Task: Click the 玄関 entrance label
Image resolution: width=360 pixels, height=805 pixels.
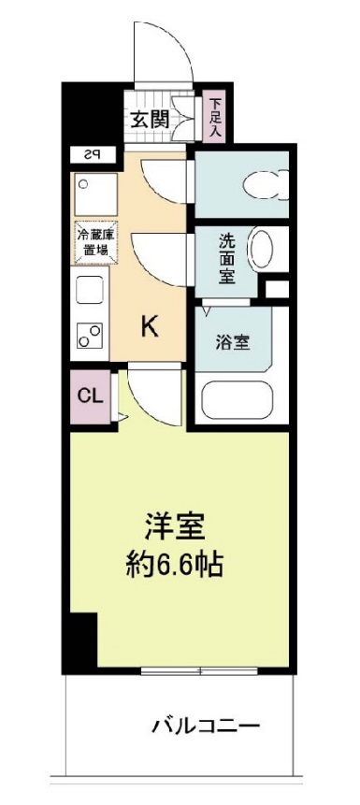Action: (x=149, y=119)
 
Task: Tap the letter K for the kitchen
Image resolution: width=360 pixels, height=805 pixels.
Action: (x=149, y=326)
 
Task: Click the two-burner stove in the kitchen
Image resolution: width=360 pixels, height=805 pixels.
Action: (x=91, y=336)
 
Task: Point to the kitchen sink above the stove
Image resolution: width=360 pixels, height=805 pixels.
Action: (x=90, y=291)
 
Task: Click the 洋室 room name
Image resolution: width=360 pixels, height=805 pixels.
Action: (x=174, y=525)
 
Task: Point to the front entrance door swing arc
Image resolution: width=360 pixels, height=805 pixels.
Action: (x=165, y=51)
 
